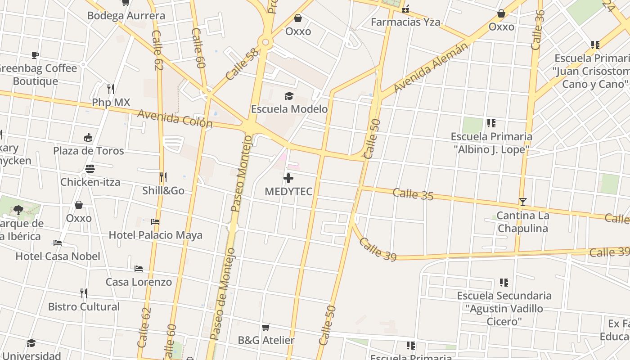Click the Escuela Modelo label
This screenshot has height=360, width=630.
[x=289, y=109]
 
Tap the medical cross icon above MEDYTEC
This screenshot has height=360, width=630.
[x=288, y=178]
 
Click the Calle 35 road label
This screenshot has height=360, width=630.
[x=413, y=194]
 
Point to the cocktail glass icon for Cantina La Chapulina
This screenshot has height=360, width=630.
[x=522, y=202]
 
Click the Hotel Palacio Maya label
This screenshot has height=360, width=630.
[x=155, y=235]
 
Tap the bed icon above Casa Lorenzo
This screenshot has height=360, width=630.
[x=139, y=269]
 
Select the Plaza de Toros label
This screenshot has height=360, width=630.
[x=88, y=151]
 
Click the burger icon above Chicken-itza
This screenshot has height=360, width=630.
[x=90, y=169]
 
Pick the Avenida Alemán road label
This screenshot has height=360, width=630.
[x=430, y=68]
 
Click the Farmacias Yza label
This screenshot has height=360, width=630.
[x=405, y=22]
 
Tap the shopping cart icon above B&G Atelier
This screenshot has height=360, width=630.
[x=266, y=327]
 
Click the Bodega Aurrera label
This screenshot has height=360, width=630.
[x=126, y=16]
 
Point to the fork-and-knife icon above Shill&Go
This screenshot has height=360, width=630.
[x=163, y=177]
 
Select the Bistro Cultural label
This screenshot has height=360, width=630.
[x=84, y=307]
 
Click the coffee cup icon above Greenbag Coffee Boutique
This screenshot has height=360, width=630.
[x=35, y=55]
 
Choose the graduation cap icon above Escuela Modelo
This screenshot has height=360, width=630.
[x=289, y=96]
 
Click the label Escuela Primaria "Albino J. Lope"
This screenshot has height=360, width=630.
[x=491, y=143]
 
